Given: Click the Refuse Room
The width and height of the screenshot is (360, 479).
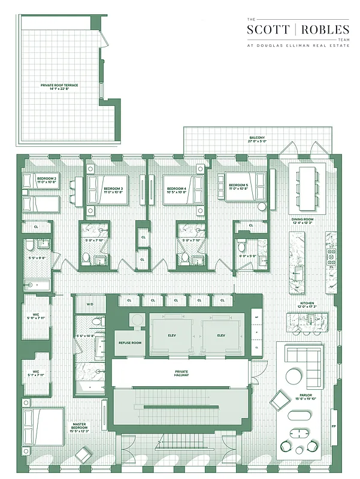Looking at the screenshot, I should (129, 343).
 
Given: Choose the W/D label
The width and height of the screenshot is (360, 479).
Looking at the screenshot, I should (90, 304).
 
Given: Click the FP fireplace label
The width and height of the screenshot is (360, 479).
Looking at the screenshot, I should (333, 427).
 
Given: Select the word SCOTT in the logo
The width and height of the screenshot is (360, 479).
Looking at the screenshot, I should (267, 29).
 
